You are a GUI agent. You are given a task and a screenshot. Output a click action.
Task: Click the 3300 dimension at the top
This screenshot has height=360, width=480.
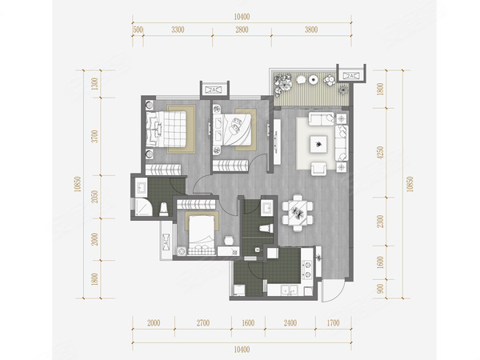178,30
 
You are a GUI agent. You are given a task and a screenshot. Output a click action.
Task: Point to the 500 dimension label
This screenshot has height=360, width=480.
138,30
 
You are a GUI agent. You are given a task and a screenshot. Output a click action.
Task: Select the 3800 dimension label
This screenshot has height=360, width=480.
311,30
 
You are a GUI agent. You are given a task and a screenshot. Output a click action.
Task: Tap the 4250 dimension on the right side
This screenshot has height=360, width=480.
380,153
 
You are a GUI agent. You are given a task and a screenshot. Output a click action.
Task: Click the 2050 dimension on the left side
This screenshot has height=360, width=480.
94,197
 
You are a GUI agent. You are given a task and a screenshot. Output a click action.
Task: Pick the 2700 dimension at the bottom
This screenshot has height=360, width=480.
203,323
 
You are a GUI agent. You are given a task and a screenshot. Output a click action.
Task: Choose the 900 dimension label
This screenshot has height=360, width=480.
380,289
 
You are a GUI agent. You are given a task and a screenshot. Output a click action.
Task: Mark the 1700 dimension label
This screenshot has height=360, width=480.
333,323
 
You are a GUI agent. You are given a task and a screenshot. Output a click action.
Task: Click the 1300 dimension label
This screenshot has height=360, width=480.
94,84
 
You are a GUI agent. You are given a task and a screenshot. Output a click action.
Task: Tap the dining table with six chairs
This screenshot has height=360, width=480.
298,213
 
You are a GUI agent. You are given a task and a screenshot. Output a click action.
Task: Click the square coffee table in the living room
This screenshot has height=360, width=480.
318,144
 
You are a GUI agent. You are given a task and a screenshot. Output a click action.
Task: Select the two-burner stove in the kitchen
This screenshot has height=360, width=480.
306,269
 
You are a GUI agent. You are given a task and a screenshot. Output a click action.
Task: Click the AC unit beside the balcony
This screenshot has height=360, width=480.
351,76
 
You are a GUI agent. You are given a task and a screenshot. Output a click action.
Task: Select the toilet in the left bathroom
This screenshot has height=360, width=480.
164,209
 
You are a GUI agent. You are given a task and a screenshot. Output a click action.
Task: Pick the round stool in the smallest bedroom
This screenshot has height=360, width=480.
229,240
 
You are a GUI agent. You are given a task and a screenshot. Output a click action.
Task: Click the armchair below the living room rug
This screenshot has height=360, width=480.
319,169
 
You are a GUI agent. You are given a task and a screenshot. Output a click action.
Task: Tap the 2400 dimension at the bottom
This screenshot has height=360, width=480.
290,323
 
